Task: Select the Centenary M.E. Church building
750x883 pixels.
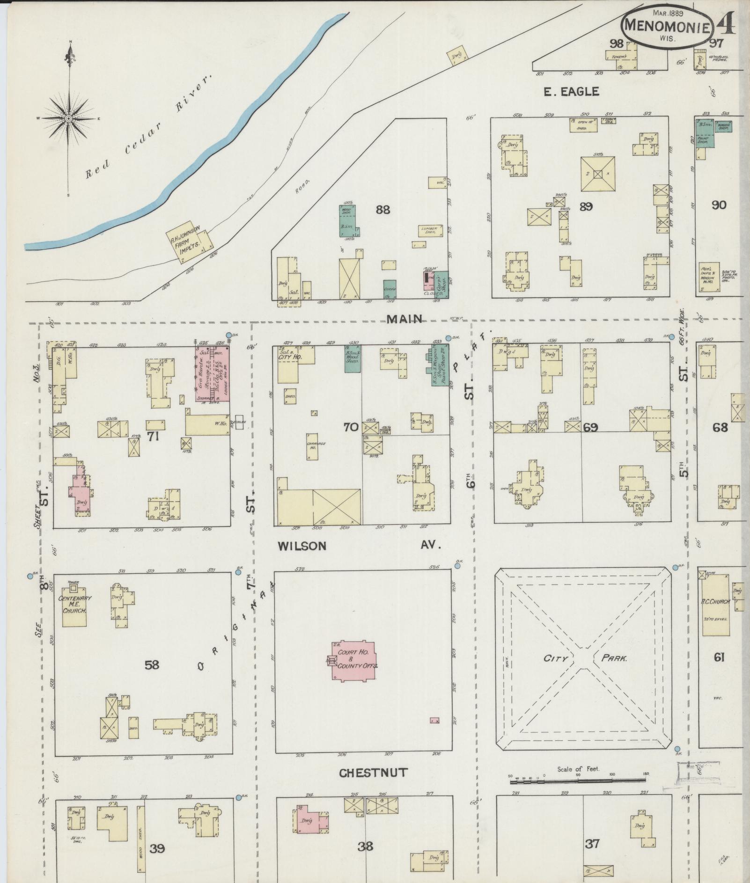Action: click(74, 604)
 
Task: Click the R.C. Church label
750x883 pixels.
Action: click(715, 602)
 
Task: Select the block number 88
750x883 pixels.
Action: click(382, 210)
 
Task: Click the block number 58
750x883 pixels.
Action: click(152, 664)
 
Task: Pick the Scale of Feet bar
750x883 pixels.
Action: click(578, 780)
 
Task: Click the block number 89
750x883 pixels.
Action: click(586, 206)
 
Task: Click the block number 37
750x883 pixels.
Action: click(592, 844)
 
